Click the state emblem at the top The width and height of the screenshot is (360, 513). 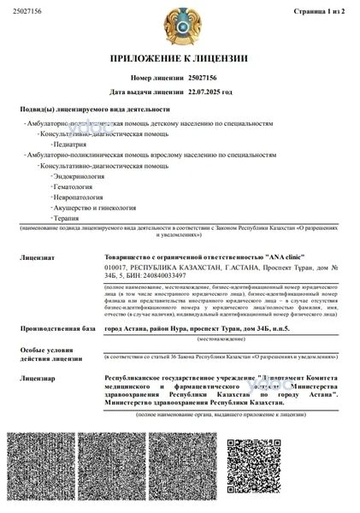pyautogui.click(x=180, y=27)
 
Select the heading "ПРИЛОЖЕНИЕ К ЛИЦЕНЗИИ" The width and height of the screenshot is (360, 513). pyautogui.click(x=179, y=60)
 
